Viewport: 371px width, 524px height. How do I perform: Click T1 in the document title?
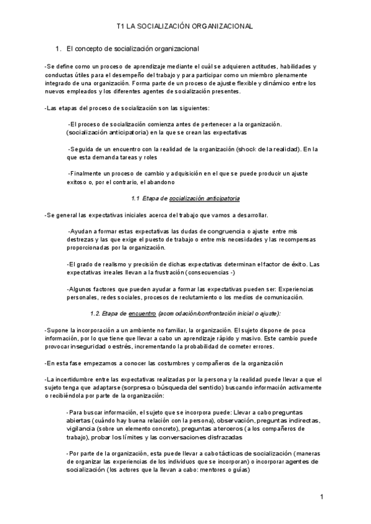click(121, 27)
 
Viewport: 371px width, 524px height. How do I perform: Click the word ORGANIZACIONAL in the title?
click(218, 27)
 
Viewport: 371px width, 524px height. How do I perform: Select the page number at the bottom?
click(322, 497)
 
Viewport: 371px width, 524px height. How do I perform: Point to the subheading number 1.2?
click(96, 313)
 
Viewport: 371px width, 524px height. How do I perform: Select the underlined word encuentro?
click(142, 313)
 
